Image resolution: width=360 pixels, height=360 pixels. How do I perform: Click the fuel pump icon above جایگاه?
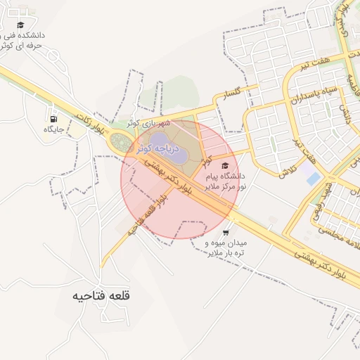(53, 117)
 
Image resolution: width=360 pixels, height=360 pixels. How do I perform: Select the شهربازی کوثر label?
(149, 124)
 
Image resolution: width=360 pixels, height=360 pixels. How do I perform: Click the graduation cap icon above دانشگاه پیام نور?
(225, 165)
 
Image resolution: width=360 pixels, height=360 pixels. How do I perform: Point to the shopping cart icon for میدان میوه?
(225, 232)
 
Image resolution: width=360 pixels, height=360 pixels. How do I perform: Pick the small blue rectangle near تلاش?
(313, 179)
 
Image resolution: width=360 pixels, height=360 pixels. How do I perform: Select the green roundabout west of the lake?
(119, 142)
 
